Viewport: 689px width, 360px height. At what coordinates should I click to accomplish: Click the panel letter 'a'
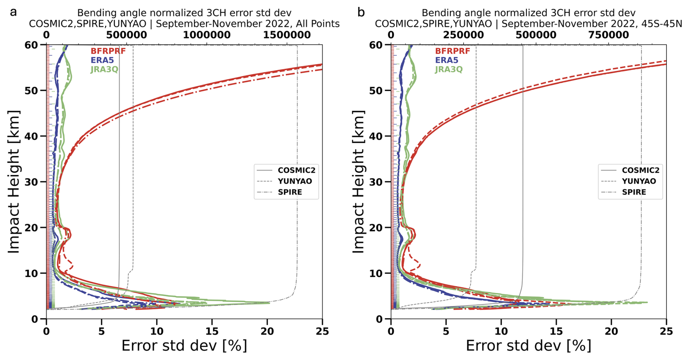pyautogui.click(x=13, y=12)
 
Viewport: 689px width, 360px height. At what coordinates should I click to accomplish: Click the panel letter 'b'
pyautogui.click(x=361, y=12)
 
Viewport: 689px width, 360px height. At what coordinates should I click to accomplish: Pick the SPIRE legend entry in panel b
pyautogui.click(x=634, y=192)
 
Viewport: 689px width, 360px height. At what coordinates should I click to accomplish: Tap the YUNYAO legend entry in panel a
pyautogui.click(x=295, y=181)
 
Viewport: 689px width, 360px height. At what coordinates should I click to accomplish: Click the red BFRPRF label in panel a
pyautogui.click(x=108, y=51)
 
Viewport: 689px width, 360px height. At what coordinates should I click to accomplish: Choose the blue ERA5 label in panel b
pyautogui.click(x=446, y=60)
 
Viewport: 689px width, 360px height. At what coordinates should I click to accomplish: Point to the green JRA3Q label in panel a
pyautogui.click(x=104, y=69)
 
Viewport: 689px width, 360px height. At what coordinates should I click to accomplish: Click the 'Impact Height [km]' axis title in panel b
pyautogui.click(x=359, y=181)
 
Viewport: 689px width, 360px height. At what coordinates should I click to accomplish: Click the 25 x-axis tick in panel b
pyautogui.click(x=666, y=331)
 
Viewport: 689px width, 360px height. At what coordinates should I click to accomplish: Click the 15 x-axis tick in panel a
pyautogui.click(x=212, y=331)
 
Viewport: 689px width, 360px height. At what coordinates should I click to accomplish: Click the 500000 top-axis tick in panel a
pyautogui.click(x=127, y=35)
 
